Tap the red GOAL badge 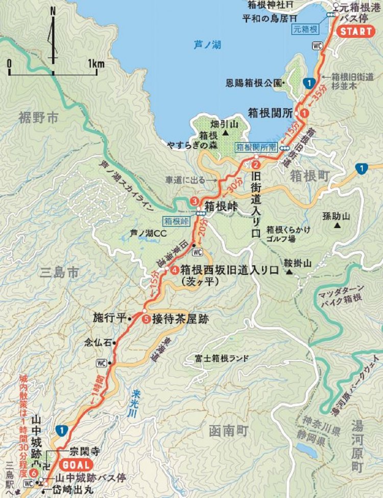click(76, 465)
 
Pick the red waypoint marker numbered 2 click(256, 165)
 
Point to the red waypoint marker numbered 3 click(195, 200)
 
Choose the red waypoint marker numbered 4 click(175, 269)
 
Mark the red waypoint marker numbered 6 click(34, 473)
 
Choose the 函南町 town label click(228, 431)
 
